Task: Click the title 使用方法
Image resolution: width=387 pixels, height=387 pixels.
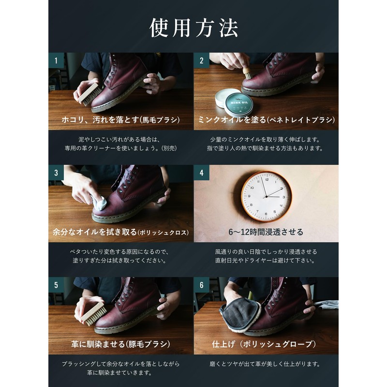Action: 193,28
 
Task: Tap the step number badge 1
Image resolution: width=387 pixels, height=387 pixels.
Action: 56,61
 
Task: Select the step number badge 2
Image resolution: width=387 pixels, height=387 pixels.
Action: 201,61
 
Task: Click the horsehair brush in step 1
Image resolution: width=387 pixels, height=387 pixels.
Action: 88,95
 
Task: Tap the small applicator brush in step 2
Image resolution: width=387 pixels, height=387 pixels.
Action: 247,72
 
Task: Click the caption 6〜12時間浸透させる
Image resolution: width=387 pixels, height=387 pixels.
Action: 266,232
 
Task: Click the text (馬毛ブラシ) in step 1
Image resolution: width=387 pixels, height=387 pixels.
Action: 157,119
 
